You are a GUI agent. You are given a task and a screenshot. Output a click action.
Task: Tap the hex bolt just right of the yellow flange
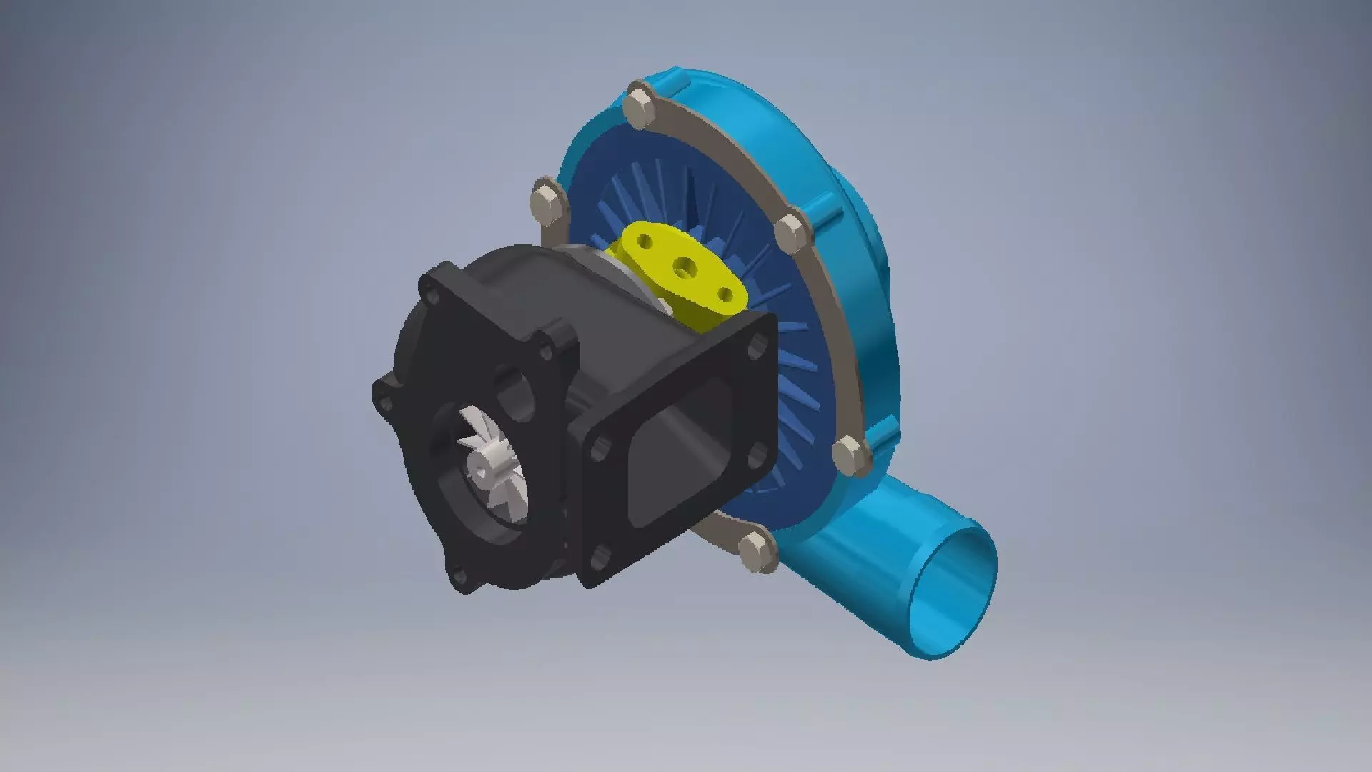click(791, 232)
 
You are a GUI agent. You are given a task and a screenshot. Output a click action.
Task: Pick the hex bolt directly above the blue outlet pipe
click(850, 453)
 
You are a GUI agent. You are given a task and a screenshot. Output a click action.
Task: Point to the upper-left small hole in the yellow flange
click(645, 242)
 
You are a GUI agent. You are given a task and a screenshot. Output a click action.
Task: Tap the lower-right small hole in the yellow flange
click(725, 294)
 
